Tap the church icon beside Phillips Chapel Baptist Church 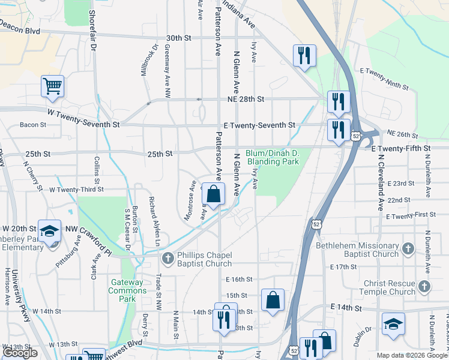point(167,258)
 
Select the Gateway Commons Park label point(127,287)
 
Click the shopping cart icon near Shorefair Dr point(52,86)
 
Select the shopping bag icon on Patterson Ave point(213,194)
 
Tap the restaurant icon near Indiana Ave point(304,56)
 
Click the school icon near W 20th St point(49,231)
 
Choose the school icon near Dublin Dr point(393,324)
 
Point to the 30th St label point(178,37)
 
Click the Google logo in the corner point(20,353)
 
